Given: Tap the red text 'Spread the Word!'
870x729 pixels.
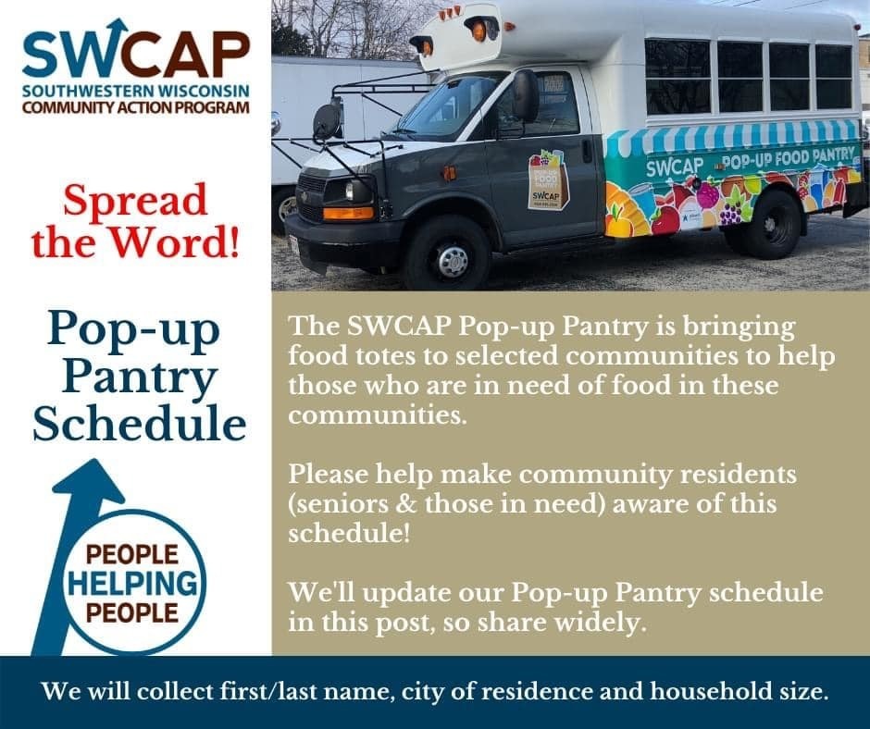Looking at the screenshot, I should click(135, 221).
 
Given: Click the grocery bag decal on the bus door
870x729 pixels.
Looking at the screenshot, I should click(548, 179).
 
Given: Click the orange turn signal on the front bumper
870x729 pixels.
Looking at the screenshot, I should click(347, 213).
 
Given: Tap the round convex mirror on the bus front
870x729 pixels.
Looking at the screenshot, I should click(327, 120).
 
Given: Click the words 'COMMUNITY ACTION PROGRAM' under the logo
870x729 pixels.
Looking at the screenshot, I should click(136, 107).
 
